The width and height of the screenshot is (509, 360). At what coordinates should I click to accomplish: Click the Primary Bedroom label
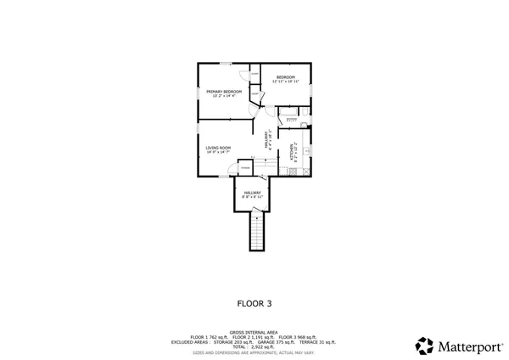click(x=224, y=93)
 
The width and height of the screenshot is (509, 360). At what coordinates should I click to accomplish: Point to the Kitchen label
click(x=294, y=151)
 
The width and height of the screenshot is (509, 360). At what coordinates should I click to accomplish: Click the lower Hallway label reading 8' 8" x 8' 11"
click(x=253, y=194)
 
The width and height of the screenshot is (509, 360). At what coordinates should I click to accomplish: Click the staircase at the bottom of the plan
click(x=256, y=232)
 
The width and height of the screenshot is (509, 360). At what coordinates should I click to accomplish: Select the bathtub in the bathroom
click(x=288, y=112)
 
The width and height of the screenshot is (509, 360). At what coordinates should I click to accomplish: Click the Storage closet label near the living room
click(x=245, y=168)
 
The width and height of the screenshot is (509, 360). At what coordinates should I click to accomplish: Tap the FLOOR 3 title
click(x=255, y=301)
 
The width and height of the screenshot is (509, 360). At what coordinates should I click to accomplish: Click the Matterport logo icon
click(x=425, y=346)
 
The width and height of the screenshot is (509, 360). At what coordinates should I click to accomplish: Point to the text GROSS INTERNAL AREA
click(x=255, y=333)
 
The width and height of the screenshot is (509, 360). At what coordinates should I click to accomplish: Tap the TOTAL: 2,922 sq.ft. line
click(x=255, y=346)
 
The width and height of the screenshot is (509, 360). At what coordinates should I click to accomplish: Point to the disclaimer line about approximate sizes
click(x=255, y=352)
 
